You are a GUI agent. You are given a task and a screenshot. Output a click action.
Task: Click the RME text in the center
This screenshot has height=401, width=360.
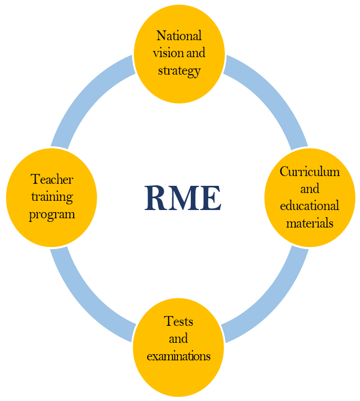point(183,198)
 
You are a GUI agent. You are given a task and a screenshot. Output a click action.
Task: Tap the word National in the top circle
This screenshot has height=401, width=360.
point(179,36)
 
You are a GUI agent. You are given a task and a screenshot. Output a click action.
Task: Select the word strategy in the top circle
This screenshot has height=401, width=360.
point(179,70)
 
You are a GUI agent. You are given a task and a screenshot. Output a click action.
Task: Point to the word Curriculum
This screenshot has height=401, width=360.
point(310,171)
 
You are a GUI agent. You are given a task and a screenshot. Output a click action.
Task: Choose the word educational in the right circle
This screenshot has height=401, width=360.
point(310,206)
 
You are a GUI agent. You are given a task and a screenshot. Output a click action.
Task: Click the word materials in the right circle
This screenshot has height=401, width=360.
point(310,223)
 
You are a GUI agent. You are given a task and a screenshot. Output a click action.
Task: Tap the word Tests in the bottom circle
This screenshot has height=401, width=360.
point(178,321)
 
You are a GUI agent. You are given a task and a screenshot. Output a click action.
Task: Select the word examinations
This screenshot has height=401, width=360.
point(178,356)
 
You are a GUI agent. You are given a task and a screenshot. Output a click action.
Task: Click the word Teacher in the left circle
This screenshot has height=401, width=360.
point(52,179)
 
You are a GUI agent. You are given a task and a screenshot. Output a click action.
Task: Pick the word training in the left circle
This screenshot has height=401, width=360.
point(52,196)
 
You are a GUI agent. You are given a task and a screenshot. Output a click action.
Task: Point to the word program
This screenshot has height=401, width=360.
point(52,214)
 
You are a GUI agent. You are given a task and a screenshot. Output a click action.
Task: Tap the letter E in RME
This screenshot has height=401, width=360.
point(211,198)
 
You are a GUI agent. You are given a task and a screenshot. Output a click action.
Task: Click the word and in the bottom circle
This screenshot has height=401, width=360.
point(178,339)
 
